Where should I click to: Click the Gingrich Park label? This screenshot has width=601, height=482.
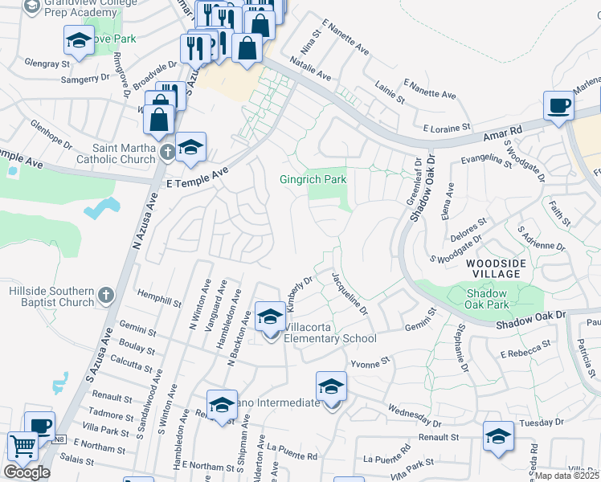(x=313, y=179)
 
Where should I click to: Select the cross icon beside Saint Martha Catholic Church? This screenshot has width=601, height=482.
(x=167, y=153)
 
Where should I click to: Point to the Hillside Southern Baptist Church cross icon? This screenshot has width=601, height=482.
(x=105, y=296)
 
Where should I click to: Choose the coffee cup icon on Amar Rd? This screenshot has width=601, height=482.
(x=558, y=106)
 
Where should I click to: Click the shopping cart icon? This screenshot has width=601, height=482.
(x=22, y=447)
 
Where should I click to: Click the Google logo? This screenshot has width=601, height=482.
(x=27, y=472)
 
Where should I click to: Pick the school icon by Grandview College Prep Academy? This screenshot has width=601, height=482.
(x=78, y=40)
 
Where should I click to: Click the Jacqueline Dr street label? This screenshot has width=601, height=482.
(x=349, y=293)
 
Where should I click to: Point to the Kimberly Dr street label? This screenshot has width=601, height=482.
(x=298, y=296)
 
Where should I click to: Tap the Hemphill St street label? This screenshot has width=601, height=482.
(x=160, y=300)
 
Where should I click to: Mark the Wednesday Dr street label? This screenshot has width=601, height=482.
(x=415, y=414)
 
